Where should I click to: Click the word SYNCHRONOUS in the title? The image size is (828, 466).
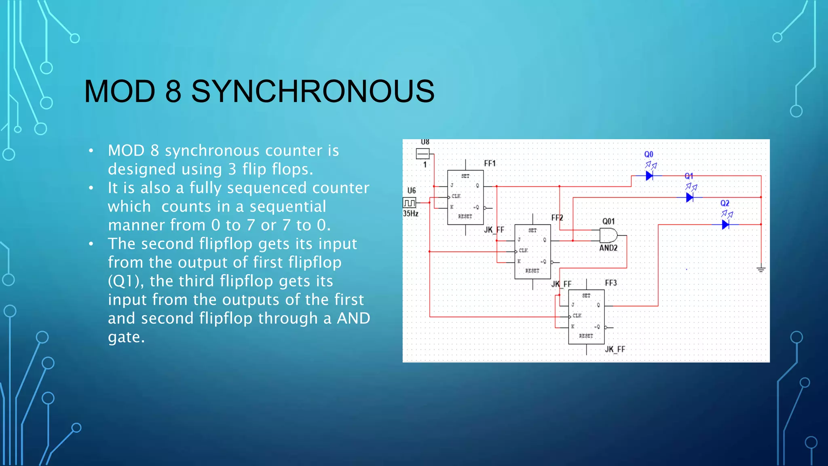313,91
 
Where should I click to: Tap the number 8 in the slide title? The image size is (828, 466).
173,91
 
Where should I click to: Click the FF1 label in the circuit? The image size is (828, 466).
490,163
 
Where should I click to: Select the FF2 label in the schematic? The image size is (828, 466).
557,218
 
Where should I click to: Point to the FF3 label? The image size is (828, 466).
610,283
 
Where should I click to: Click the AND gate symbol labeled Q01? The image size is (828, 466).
608,235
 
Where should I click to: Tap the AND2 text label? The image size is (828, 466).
608,248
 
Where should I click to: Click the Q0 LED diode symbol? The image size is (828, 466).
649,176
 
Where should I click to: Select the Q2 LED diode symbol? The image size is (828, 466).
725,224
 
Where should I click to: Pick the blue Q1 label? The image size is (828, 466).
689,176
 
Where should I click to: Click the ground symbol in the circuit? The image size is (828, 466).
761,269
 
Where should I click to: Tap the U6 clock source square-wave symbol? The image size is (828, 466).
409,202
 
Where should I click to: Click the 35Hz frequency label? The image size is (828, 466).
410,214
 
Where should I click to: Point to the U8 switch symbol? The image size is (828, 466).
422,154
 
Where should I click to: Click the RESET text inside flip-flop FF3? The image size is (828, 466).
586,336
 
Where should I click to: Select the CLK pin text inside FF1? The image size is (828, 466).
456,196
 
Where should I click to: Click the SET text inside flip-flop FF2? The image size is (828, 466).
532,230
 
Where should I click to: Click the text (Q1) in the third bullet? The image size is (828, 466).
125,281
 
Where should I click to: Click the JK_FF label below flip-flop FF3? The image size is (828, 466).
615,349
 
